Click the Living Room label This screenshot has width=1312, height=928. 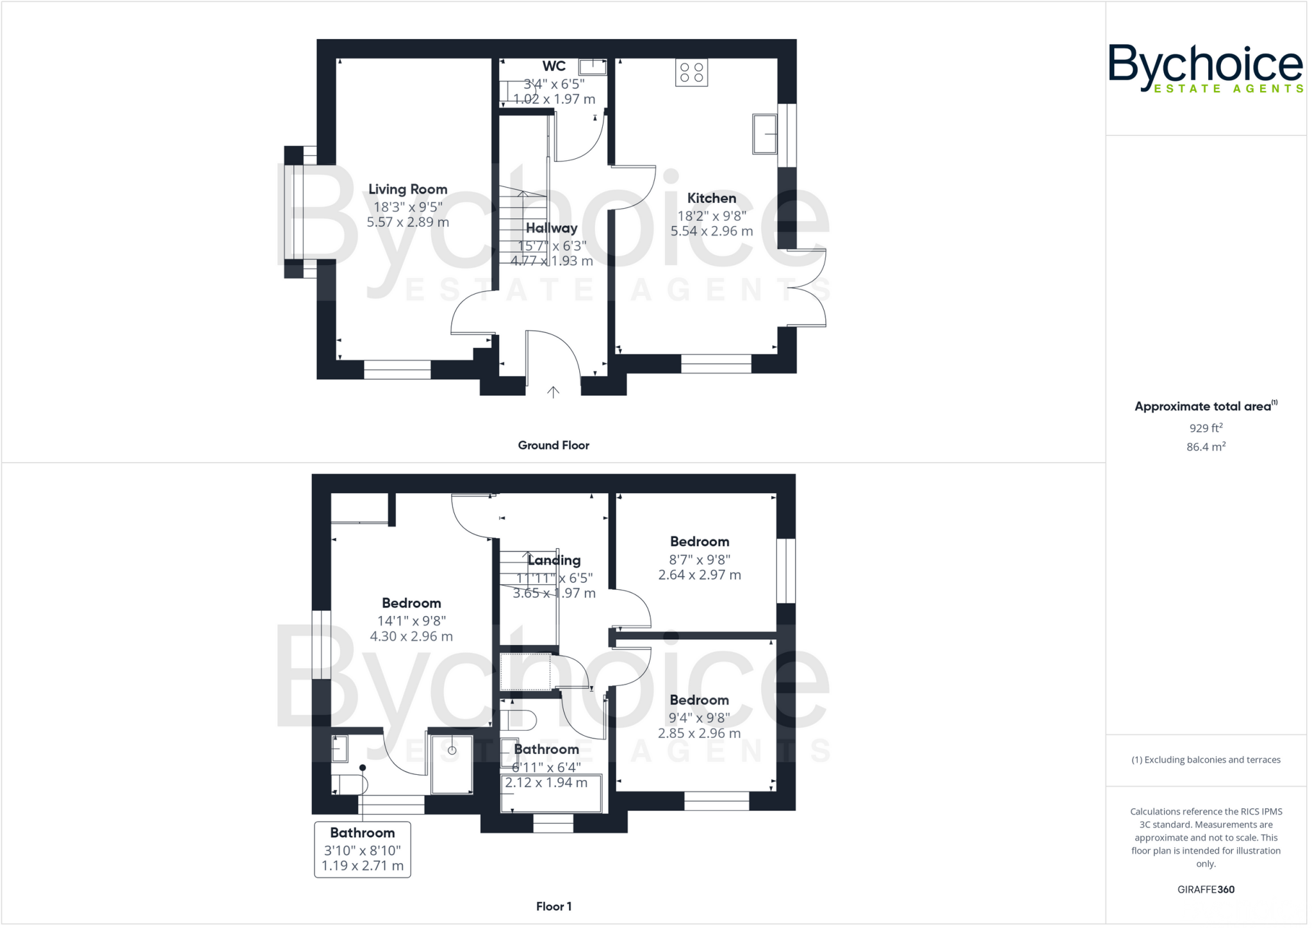point(407,190)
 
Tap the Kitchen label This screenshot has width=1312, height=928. point(711,199)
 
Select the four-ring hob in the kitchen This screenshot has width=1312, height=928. point(691,72)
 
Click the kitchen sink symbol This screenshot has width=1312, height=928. point(765,134)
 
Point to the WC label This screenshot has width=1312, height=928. point(553,66)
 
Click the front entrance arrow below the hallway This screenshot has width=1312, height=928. point(553,392)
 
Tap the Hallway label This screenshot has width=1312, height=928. point(552,229)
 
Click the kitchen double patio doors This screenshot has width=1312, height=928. point(807,288)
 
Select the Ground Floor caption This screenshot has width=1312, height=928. point(553,446)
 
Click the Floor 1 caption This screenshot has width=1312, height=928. point(553,906)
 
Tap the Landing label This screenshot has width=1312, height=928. point(554,560)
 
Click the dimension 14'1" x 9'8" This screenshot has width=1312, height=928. point(411,621)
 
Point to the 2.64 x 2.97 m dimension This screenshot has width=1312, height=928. point(699,575)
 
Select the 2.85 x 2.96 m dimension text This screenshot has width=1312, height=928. point(699,733)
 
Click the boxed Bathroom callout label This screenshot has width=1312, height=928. point(362,833)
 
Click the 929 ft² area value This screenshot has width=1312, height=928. point(1206,428)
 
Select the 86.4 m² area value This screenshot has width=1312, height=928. point(1206,447)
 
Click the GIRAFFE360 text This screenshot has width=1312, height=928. point(1206,890)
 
